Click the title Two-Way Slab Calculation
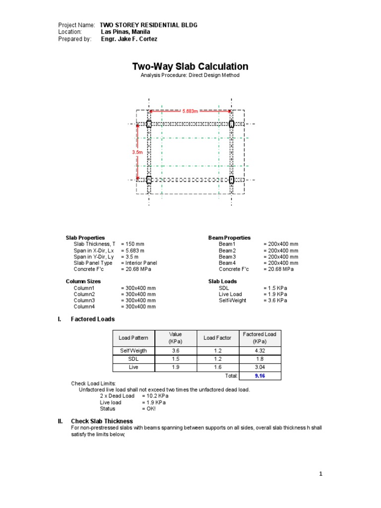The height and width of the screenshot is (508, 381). (190, 66)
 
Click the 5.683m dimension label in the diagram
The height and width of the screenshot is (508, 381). (190, 112)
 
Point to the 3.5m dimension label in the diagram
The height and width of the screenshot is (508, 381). (137, 152)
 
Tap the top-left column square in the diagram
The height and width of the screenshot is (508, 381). (149, 124)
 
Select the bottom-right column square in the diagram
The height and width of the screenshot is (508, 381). (231, 180)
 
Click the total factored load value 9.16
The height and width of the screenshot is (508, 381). (260, 376)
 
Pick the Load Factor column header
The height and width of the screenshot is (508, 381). (217, 338)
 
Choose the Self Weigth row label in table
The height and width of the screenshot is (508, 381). (133, 350)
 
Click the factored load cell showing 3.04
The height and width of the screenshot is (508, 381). (260, 367)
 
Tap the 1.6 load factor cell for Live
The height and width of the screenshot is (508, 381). (217, 367)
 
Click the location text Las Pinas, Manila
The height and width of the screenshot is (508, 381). (126, 32)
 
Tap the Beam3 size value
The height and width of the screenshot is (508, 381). (281, 256)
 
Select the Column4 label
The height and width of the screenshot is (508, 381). (87, 307)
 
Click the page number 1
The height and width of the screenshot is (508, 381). (320, 474)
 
